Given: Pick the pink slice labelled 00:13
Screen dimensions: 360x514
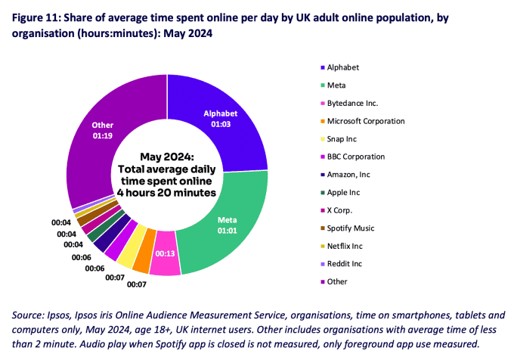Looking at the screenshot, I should click(167, 256).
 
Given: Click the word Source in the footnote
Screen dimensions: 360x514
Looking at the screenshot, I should click(29, 315).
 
